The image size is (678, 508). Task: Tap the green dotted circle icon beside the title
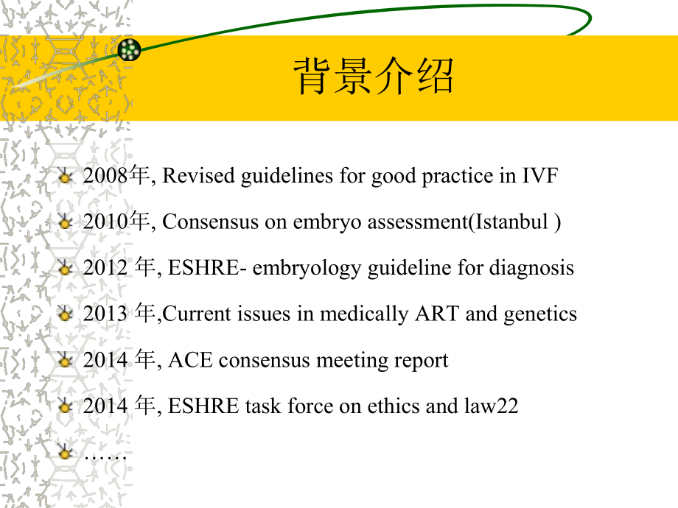pyautogui.click(x=129, y=50)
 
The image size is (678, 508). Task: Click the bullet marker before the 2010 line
pyautogui.click(x=66, y=222)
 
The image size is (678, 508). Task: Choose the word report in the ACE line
pyautogui.click(x=424, y=360)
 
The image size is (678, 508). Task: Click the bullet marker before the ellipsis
pyautogui.click(x=66, y=453)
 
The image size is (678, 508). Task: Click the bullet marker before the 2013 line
pyautogui.click(x=66, y=314)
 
